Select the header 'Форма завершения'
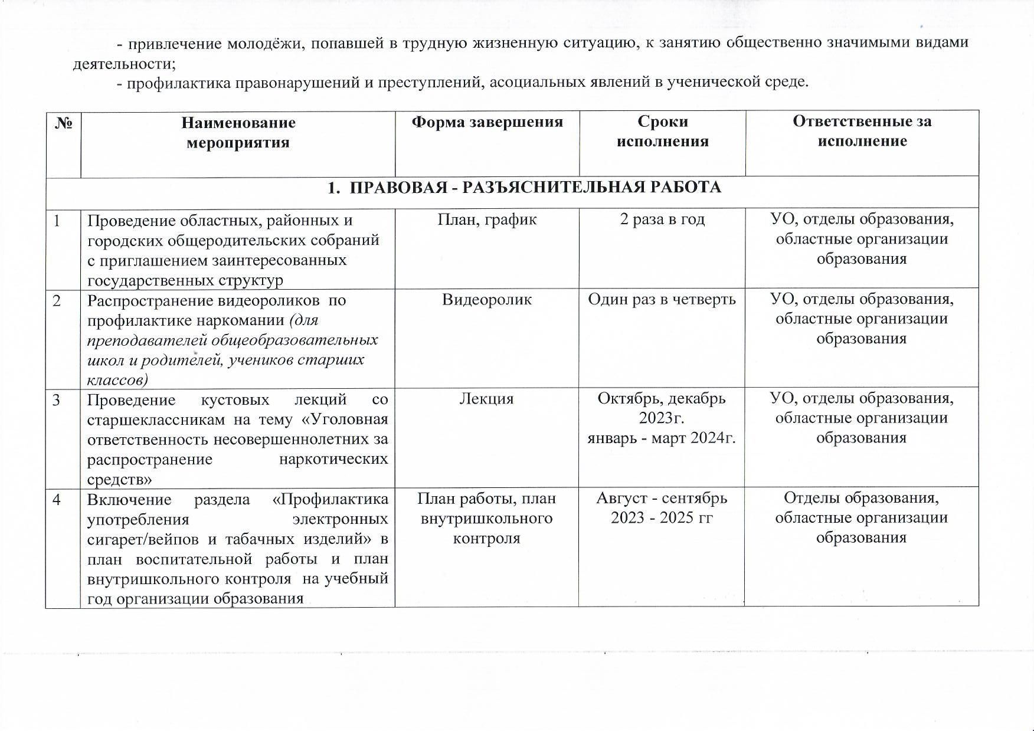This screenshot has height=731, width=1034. point(487,122)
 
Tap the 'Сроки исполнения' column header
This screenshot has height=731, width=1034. point(662,131)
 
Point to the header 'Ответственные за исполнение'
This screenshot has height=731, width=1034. point(862,131)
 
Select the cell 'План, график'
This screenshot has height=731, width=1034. point(487,219)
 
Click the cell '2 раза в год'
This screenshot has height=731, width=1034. point(662,219)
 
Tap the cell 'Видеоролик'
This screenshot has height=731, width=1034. point(487,300)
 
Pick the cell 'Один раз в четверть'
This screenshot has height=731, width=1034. point(662,300)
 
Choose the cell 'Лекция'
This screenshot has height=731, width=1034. point(487,399)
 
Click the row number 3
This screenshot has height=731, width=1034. point(57,400)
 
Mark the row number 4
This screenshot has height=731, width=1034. point(57,500)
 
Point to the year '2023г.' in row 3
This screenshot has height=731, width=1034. point(662,418)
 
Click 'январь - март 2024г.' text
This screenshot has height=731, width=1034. point(662,438)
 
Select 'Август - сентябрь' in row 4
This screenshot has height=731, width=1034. point(662,499)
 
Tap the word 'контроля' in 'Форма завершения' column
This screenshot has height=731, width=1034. point(487,538)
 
